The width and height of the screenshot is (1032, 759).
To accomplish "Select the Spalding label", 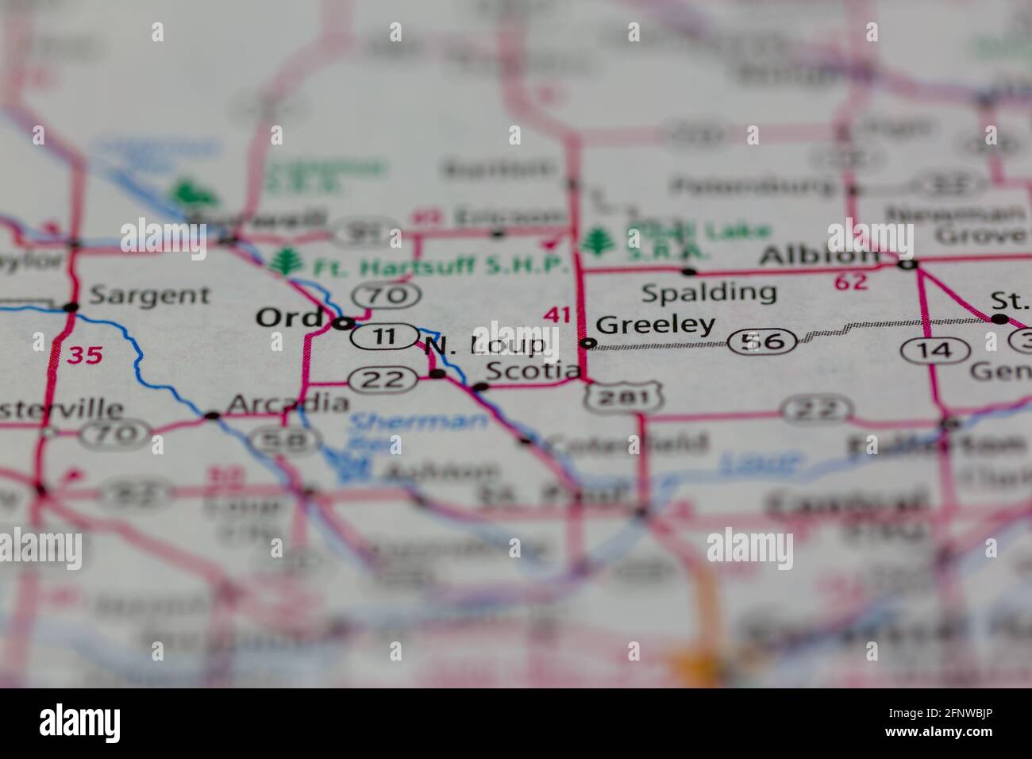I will [x=708, y=293].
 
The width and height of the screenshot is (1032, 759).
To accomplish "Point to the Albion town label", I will [x=818, y=256].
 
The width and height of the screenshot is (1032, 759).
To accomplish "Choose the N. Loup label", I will [x=485, y=345].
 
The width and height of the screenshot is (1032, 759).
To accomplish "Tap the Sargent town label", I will [x=148, y=295].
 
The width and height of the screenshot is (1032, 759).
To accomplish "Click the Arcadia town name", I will [x=287, y=404].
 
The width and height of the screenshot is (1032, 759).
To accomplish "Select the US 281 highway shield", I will [x=624, y=396].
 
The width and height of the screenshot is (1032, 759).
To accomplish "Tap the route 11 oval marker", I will [x=384, y=336].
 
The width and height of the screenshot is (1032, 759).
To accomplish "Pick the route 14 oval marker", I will [x=938, y=350].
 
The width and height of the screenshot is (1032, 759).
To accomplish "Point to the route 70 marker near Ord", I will [x=387, y=295].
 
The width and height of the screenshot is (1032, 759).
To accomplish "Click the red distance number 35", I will [x=84, y=355].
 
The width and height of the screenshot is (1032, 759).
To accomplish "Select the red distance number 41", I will [x=557, y=315].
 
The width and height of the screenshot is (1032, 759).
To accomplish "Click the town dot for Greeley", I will [x=587, y=343].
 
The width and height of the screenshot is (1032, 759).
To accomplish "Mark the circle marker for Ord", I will [x=343, y=323].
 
